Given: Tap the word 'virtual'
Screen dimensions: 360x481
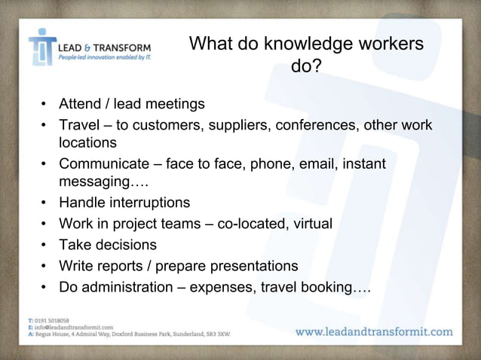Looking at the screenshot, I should [x=311, y=224].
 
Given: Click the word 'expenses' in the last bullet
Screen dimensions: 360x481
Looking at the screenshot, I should [x=241, y=287].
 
